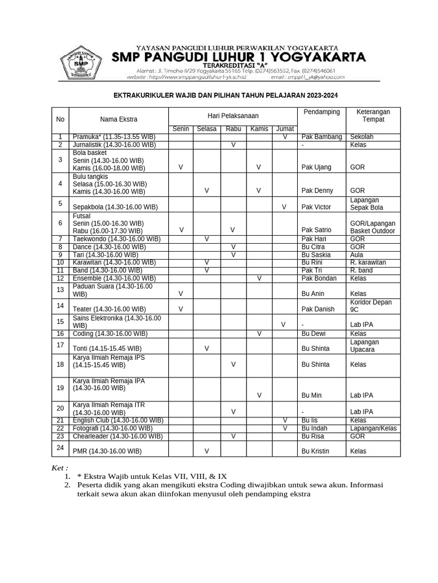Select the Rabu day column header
pyautogui.click(x=233, y=129)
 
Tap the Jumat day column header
pyautogui.click(x=285, y=129)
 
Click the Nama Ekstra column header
pyautogui.click(x=119, y=120)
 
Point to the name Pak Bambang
pyautogui.click(x=322, y=137)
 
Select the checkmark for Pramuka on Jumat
pyautogui.click(x=285, y=137)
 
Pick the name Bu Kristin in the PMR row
pyautogui.click(x=317, y=451)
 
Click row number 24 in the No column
pyautogui.click(x=60, y=447)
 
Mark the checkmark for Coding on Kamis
pyautogui.click(x=259, y=334)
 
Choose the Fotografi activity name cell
pyautogui.click(x=112, y=428)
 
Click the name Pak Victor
pyautogui.click(x=316, y=207)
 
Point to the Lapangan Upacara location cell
pyautogui.click(x=365, y=346)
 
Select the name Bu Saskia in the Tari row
pyautogui.click(x=317, y=255)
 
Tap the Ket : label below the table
pyautogui.click(x=60, y=467)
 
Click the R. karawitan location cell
pyautogui.click(x=368, y=262)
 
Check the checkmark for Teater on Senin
pyautogui.click(x=181, y=309)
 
